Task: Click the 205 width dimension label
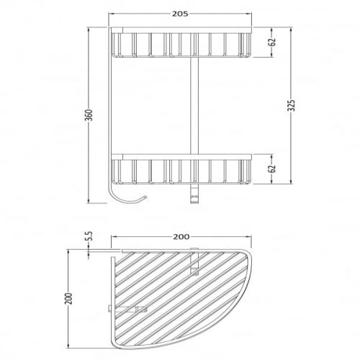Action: coord(180,14)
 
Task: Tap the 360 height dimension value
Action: coord(89,115)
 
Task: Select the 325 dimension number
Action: coord(292,106)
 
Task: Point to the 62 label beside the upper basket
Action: coord(272,42)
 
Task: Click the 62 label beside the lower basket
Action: coord(272,168)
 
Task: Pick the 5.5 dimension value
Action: coord(89,236)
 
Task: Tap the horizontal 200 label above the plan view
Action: coord(181,237)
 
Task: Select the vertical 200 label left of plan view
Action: coord(69,299)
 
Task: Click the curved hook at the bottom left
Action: coord(125,201)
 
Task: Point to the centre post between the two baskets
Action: coord(194,106)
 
